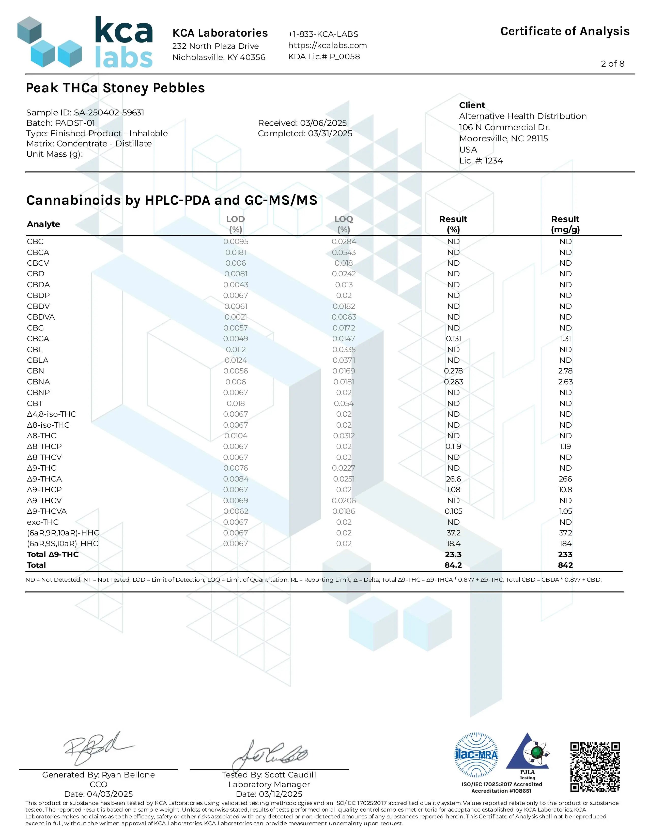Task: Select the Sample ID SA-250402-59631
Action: (109, 113)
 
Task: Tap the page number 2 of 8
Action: (612, 64)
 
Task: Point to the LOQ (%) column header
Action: (343, 224)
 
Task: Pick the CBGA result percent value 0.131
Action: (453, 338)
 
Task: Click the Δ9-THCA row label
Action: (44, 479)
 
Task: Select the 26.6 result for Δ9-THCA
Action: (453, 479)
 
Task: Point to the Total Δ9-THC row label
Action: (53, 554)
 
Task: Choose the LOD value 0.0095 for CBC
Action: (236, 242)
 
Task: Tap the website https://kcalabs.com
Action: (328, 45)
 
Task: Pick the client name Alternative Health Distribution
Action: (522, 116)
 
